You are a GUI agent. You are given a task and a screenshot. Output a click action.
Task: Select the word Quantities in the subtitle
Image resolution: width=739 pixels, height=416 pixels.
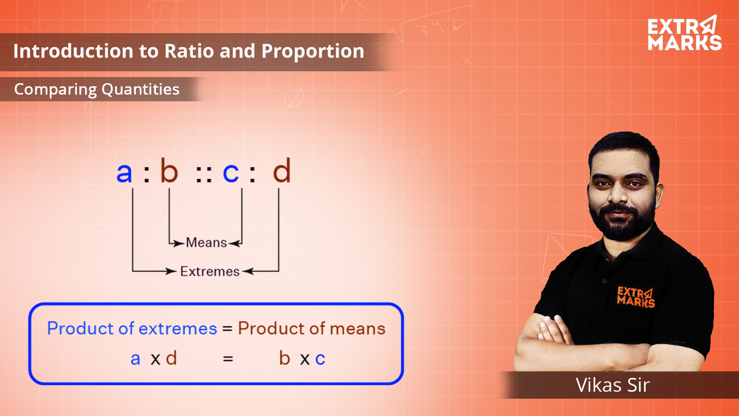click(140, 89)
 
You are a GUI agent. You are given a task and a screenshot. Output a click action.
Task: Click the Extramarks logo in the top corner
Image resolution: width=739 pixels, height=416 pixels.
click(684, 34)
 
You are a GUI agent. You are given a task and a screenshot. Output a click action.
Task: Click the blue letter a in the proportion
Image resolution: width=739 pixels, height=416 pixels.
click(124, 173)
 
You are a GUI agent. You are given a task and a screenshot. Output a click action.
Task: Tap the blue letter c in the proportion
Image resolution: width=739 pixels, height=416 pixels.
click(231, 173)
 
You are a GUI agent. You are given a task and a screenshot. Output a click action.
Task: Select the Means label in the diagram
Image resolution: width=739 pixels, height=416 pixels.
click(206, 243)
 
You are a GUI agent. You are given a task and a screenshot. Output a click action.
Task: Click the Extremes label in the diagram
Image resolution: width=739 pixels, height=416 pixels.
click(210, 272)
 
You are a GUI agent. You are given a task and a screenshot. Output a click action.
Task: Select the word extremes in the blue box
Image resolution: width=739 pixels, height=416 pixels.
click(178, 329)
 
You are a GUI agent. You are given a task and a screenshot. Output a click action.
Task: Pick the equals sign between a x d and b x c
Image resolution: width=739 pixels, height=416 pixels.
click(228, 359)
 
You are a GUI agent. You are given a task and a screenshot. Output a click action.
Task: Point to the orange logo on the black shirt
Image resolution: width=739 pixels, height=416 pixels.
click(635, 297)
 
